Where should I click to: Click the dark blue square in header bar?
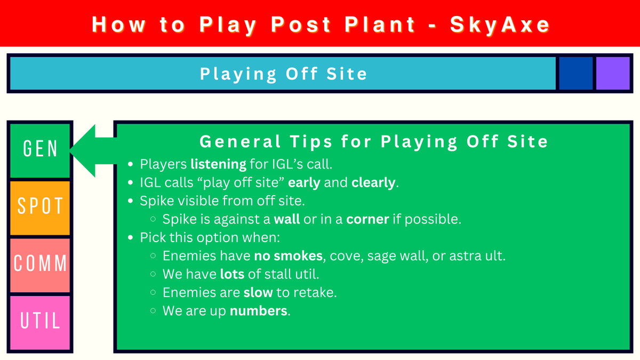[575, 73]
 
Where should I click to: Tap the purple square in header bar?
[613, 73]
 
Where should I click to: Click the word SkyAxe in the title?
[500, 25]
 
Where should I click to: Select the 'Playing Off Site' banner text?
[283, 74]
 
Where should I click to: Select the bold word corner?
[367, 219]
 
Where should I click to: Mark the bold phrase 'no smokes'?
[289, 256]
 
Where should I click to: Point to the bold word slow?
[258, 292]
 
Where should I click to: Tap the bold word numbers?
[259, 311]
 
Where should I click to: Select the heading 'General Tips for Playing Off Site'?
[373, 142]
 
